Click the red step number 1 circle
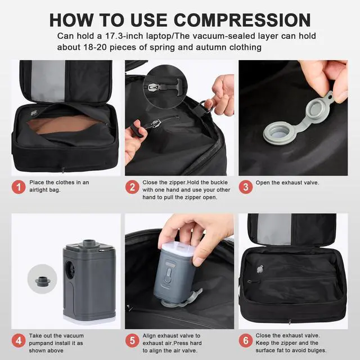tap(19, 187)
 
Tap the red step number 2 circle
tap(132, 187)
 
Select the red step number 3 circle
tap(245, 187)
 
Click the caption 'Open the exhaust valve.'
tap(287, 182)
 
